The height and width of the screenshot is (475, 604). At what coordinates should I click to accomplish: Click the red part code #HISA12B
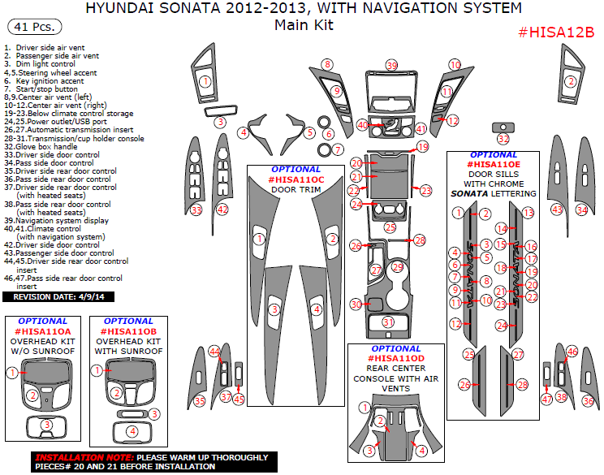[556, 32]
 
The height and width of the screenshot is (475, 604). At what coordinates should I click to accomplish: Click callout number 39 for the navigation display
[392, 65]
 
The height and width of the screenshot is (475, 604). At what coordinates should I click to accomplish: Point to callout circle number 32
[503, 140]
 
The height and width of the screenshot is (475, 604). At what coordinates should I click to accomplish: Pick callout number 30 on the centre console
[356, 304]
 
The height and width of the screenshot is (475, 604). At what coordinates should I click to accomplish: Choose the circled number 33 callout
[196, 210]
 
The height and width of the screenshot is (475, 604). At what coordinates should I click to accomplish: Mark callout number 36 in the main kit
[588, 401]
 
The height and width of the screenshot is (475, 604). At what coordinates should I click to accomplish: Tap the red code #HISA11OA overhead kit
[42, 331]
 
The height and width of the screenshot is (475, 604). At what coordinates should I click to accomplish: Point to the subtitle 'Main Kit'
[304, 25]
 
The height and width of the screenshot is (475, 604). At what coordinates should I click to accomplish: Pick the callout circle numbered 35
[200, 401]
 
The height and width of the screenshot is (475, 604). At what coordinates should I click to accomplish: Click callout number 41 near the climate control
[421, 129]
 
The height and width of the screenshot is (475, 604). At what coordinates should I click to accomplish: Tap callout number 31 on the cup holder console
[389, 322]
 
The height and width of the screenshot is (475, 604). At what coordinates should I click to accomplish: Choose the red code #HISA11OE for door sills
[493, 164]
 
